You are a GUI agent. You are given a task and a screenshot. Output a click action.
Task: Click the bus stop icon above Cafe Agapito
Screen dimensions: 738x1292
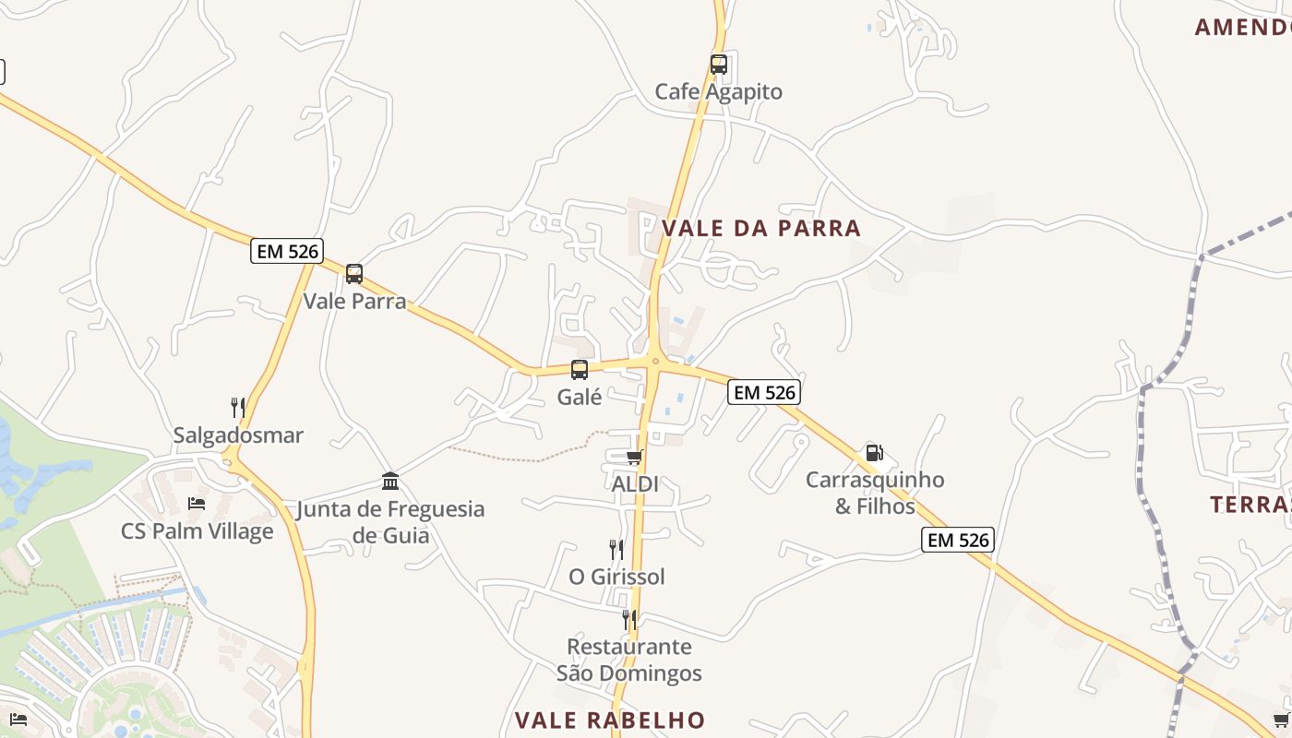coord(718,65)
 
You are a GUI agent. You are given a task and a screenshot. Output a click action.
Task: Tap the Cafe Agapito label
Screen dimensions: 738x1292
coord(718,91)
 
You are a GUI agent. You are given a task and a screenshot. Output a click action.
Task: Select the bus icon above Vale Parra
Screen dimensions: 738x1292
coord(354,274)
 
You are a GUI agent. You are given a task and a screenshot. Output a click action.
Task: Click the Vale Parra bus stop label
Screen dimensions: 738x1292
coord(354,301)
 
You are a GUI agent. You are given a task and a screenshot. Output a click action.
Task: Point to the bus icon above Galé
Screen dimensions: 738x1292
coord(580,370)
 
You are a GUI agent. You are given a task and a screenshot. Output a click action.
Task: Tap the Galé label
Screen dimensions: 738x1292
coord(580,397)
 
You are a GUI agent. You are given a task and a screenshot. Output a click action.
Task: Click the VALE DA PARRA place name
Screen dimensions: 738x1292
coord(761,228)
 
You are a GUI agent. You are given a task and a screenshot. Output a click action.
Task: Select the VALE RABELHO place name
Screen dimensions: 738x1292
coord(610,720)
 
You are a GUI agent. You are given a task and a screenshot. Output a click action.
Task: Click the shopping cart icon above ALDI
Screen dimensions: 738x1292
coord(634,458)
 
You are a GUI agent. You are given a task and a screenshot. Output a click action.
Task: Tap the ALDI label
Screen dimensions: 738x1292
coord(635,483)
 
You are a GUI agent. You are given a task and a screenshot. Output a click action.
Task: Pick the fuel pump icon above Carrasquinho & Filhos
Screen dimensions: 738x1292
coord(874,453)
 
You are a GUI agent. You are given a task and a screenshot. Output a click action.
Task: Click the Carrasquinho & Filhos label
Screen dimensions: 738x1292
coord(875,493)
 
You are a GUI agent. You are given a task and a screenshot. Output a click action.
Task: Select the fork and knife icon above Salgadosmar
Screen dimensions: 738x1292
coord(238,407)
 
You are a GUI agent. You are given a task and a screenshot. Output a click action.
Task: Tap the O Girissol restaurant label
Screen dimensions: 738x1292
coord(616,577)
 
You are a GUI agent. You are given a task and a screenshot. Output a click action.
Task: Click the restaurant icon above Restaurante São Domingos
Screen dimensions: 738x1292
coord(629,619)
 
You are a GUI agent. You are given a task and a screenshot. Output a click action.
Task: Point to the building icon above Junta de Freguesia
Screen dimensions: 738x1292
coord(390,482)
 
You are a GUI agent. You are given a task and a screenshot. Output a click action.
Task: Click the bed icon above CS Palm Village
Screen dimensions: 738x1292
coord(197,504)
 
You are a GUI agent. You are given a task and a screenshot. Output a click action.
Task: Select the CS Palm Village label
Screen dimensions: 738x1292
coord(197,531)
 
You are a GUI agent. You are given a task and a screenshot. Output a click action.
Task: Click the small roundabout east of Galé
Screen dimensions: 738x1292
coord(654,362)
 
